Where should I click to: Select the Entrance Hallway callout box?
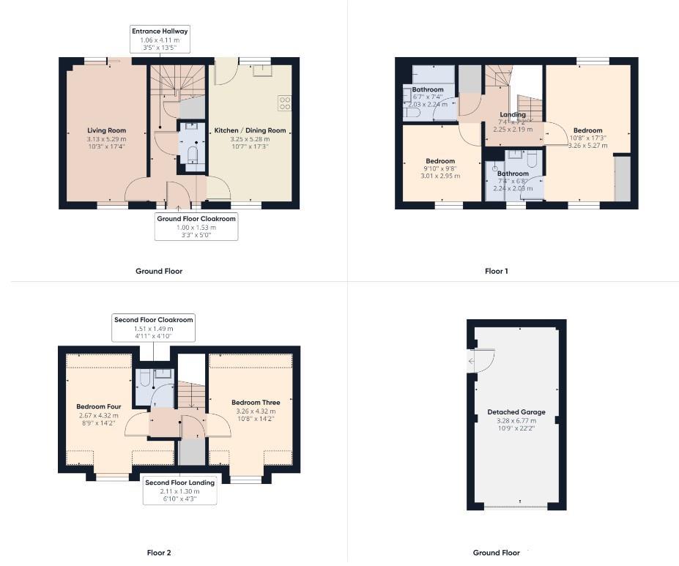pos(160,40)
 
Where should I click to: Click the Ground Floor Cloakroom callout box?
pos(196,227)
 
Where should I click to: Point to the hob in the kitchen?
pos(284,103)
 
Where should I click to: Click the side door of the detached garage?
pos(472,361)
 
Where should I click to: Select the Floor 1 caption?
pos(496,271)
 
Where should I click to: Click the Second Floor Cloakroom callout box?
pos(153,328)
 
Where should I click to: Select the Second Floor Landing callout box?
pos(179,491)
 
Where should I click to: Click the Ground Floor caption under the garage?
pos(496,553)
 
